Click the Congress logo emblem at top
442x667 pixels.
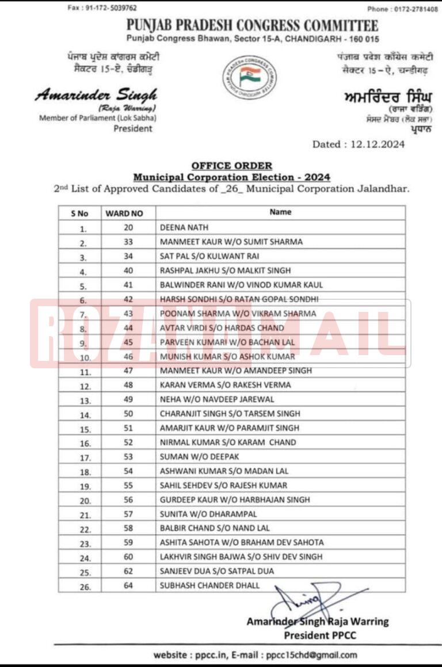pyautogui.click(x=249, y=77)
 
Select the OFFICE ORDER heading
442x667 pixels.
pyautogui.click(x=231, y=166)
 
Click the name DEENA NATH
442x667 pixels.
pyautogui.click(x=184, y=228)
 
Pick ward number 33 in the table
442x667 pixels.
pyautogui.click(x=128, y=242)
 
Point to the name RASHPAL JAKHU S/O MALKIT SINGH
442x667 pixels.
pyautogui.click(x=225, y=270)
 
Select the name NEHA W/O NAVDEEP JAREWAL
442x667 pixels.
pyautogui.click(x=217, y=399)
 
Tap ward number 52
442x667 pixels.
pyautogui.click(x=128, y=443)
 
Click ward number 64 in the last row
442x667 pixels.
pyautogui.click(x=128, y=586)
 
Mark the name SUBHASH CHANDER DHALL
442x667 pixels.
pyautogui.click(x=209, y=585)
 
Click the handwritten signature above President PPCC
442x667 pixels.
pyautogui.click(x=305, y=601)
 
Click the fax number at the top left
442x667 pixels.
pyautogui.click(x=102, y=8)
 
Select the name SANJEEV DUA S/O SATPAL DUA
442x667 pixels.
pyautogui.click(x=217, y=571)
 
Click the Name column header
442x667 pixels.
pyautogui.click(x=280, y=212)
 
